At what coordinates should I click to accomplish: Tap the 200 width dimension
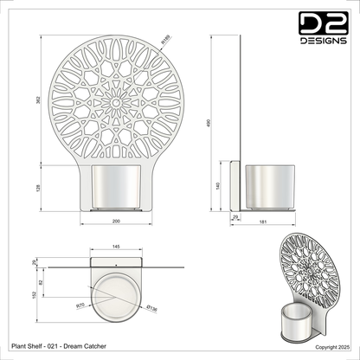click(x=117, y=223)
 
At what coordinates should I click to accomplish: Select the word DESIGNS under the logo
click(x=321, y=41)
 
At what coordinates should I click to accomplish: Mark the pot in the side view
click(x=270, y=189)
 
